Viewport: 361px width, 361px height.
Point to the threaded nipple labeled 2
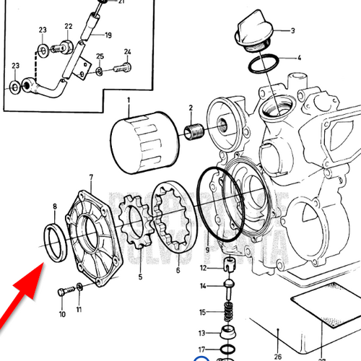click(x=191, y=132)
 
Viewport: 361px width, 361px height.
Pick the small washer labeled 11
click(x=79, y=288)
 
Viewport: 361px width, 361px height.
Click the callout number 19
click(x=108, y=35)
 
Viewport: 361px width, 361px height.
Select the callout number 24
click(x=127, y=52)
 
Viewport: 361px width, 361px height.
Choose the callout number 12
click(x=204, y=268)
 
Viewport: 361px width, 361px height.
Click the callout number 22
click(x=68, y=26)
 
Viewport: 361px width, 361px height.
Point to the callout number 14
click(x=204, y=287)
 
